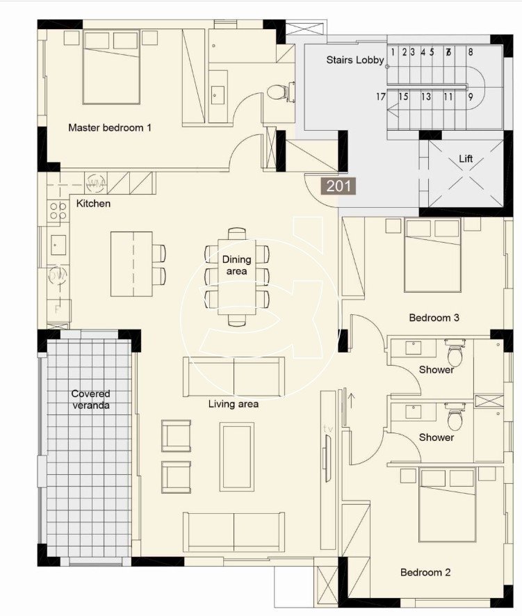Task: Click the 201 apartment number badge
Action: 339,186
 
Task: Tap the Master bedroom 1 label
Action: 110,128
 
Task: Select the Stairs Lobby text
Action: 355,60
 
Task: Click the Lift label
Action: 466,159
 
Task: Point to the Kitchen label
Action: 93,204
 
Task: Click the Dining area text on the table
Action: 236,265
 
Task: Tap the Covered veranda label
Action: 91,400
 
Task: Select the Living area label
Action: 234,404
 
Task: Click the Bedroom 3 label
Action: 434,318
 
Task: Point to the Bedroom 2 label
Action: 425,572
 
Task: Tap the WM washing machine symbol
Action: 96,183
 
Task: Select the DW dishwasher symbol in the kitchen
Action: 58,276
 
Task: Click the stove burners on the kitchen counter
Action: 58,211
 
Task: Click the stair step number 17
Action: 381,97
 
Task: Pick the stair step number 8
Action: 470,51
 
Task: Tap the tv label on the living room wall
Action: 328,429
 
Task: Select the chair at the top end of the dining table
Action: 237,234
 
